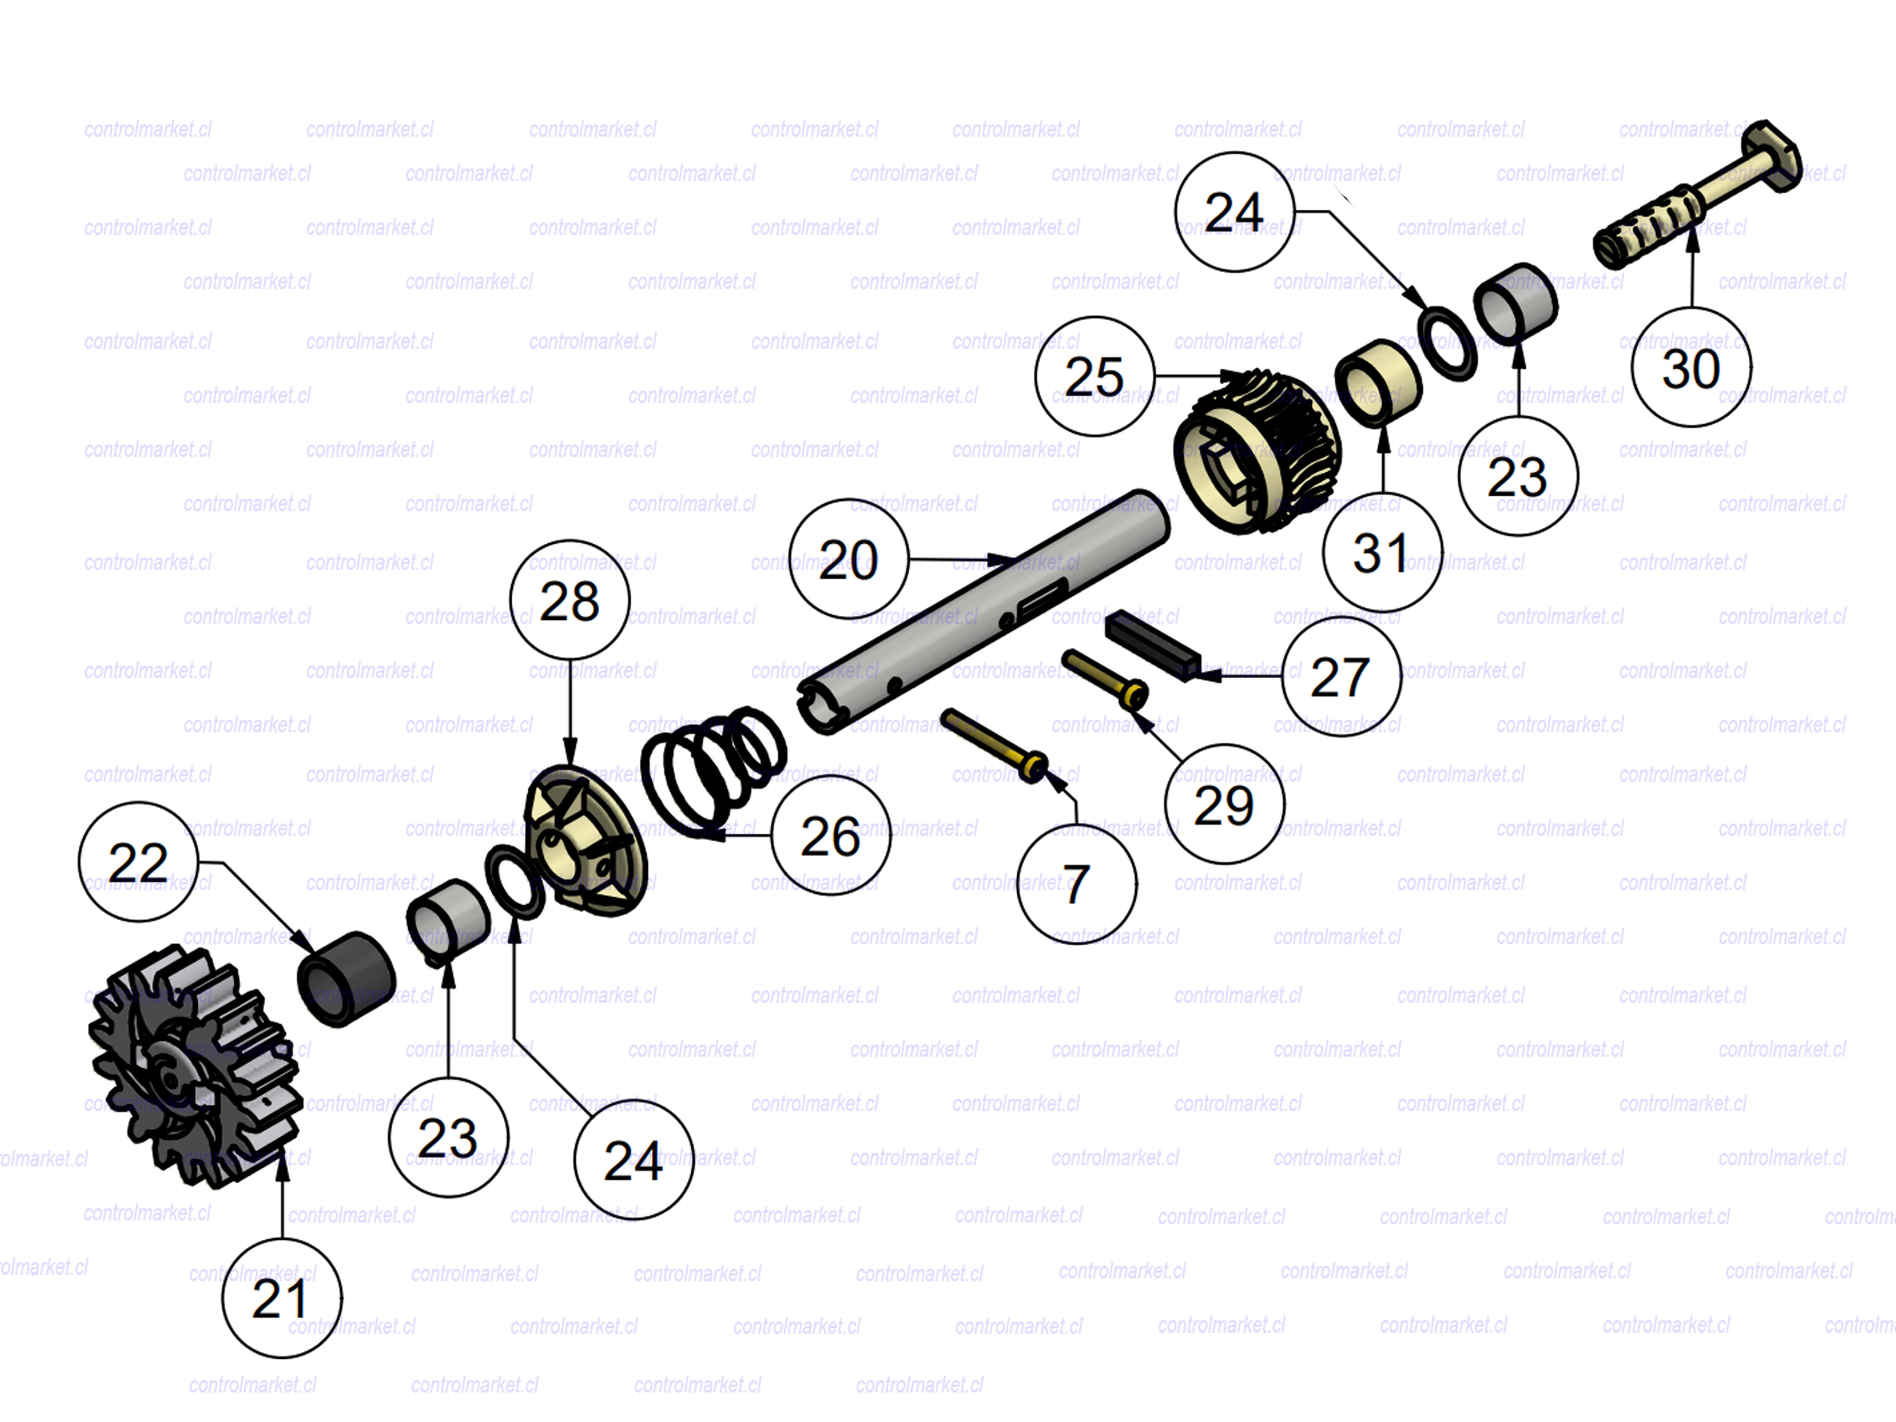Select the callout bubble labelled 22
click(x=138, y=861)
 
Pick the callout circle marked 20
click(x=849, y=559)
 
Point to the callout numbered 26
click(x=830, y=836)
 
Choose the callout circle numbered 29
click(x=1224, y=804)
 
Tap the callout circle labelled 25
click(x=1095, y=376)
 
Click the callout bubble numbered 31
click(x=1382, y=552)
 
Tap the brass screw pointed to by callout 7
click(x=995, y=744)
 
